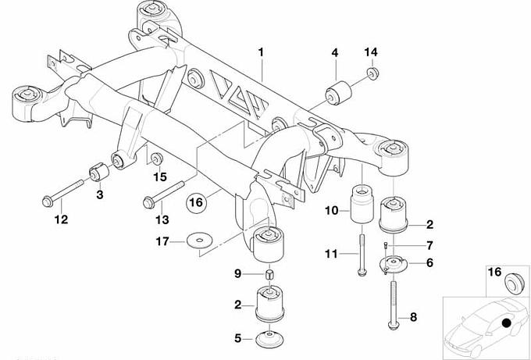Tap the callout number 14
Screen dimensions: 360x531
tap(370, 52)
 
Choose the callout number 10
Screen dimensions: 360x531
tap(332, 211)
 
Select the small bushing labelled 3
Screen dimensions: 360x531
tap(98, 169)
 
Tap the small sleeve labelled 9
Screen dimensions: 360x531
tap(269, 274)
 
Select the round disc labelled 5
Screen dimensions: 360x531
tap(269, 340)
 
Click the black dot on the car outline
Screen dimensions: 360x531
tap(506, 323)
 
